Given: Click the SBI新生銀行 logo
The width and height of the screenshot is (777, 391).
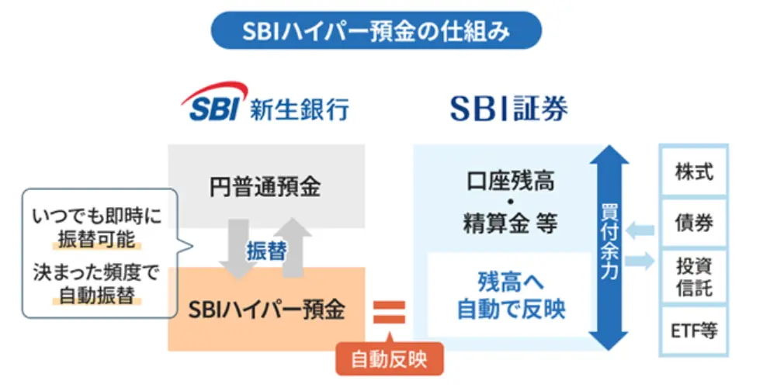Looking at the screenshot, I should (x=265, y=105).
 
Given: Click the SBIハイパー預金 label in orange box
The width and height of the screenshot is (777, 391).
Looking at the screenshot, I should (x=266, y=310).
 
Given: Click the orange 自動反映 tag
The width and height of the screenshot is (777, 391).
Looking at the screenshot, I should (x=388, y=359).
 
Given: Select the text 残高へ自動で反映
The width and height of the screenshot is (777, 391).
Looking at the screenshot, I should (x=510, y=295).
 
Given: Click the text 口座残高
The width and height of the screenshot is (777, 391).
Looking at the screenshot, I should (x=510, y=184).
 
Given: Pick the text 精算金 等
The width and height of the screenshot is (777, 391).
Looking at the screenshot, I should (x=510, y=226).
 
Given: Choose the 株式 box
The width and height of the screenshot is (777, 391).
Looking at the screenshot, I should (x=693, y=171).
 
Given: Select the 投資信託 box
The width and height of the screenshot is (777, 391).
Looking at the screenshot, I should (x=693, y=276).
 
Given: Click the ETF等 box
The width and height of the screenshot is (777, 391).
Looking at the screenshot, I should (x=693, y=331).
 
